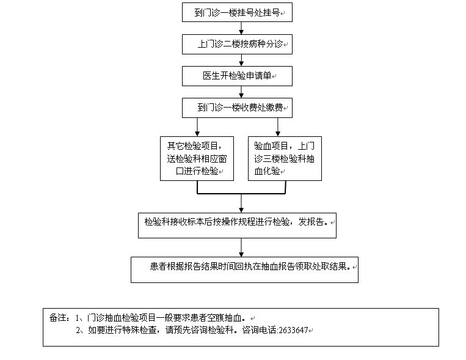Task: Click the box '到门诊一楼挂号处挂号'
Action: (237, 12)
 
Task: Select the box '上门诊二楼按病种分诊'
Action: (237, 44)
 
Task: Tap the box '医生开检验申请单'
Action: (237, 76)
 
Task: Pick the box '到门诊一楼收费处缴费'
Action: (237, 108)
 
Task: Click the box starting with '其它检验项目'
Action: (197, 158)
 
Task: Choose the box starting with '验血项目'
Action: (285, 158)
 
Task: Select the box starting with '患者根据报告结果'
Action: (244, 268)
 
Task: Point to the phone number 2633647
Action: (293, 331)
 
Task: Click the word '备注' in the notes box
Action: (58, 318)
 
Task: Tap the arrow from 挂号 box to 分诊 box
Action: (242, 28)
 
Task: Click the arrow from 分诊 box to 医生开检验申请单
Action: (242, 60)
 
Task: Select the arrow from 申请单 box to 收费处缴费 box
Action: (242, 92)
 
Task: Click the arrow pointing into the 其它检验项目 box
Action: (196, 127)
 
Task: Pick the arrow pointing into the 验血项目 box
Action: (278, 127)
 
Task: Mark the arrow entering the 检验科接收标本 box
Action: (242, 203)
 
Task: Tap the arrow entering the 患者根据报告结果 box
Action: (242, 247)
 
